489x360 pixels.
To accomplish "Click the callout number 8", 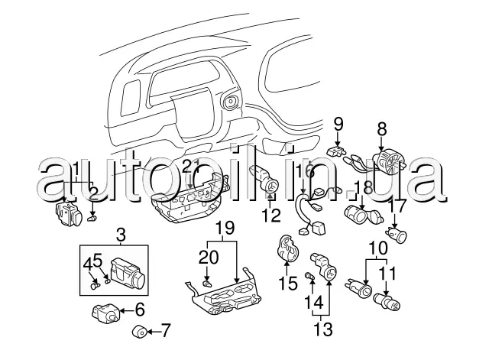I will [381, 131].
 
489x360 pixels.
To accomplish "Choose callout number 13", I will [324, 330].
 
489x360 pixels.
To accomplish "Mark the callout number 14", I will [313, 302].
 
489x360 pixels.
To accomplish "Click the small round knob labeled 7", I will [140, 331].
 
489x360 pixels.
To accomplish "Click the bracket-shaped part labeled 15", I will [288, 250].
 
